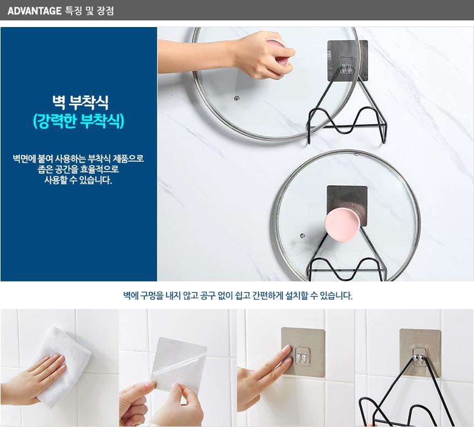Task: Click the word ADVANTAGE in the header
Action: (35, 11)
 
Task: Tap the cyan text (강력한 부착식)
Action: (79, 121)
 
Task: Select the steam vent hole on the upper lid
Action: (236, 98)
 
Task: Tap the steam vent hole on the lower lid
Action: (302, 236)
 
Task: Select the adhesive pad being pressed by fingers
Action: (303, 351)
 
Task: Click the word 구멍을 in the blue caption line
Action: (152, 295)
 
